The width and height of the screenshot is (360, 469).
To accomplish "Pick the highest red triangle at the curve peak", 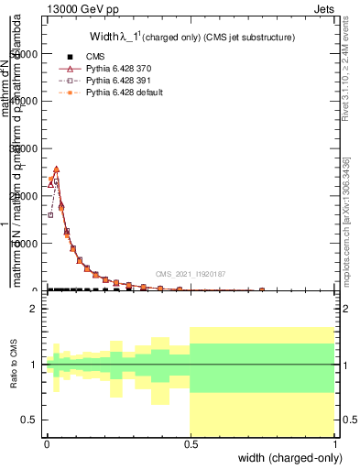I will click(56, 169).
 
